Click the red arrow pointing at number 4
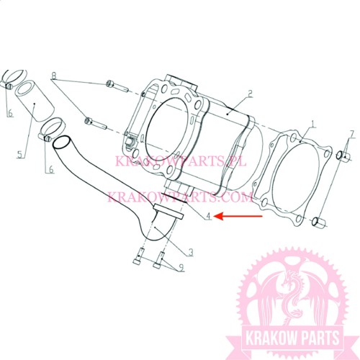point(238,216)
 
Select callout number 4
point(209,216)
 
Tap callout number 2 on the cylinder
point(250,94)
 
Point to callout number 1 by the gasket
point(313,124)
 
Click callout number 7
point(351,135)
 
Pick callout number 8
point(54,76)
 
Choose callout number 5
point(20,153)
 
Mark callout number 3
point(190,252)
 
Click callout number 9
point(181,267)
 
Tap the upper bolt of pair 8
point(117,86)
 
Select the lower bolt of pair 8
point(96,123)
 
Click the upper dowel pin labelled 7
point(343,156)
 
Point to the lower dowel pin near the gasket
point(319,222)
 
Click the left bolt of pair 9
point(138,257)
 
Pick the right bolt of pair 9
point(158,260)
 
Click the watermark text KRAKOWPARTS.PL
point(181,161)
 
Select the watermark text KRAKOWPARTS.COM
point(179,197)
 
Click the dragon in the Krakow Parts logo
point(291,297)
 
